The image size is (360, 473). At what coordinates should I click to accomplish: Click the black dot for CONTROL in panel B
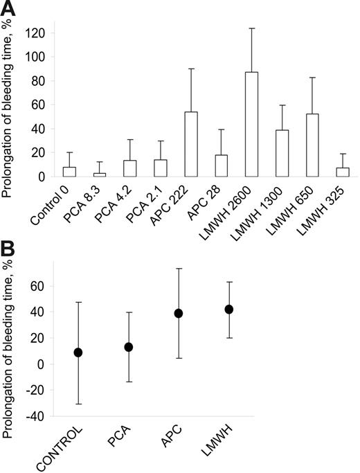78,352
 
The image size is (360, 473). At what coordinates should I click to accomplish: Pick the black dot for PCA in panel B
128,346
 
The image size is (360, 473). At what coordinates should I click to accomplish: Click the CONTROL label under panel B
66,449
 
